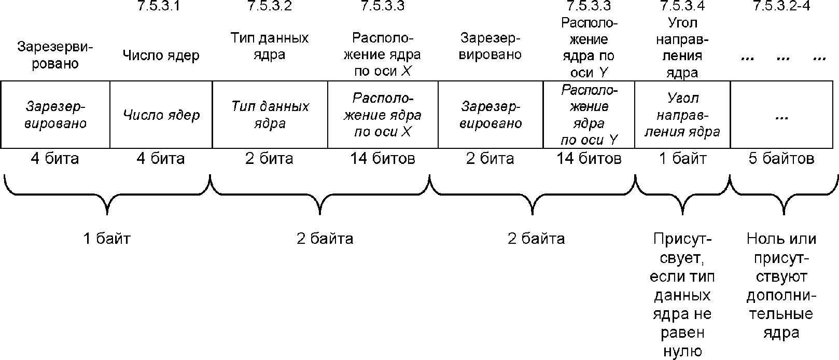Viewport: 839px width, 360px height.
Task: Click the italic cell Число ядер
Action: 161,115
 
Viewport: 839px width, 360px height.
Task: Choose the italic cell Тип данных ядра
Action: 270,115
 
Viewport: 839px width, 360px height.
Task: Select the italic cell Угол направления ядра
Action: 682,115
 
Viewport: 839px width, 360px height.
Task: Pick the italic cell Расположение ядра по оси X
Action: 382,115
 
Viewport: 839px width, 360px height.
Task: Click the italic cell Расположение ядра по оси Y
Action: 589,115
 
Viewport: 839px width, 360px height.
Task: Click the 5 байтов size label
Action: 781,158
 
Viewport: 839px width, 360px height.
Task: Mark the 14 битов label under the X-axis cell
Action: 382,158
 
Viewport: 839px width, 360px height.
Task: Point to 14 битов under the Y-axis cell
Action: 589,158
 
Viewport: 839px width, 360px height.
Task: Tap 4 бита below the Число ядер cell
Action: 161,158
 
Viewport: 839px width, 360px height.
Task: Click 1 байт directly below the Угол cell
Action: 682,158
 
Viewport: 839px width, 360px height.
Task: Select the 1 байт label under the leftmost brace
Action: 107,239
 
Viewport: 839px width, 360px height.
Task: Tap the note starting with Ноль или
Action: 781,286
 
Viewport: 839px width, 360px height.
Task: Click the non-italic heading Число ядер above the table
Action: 161,56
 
